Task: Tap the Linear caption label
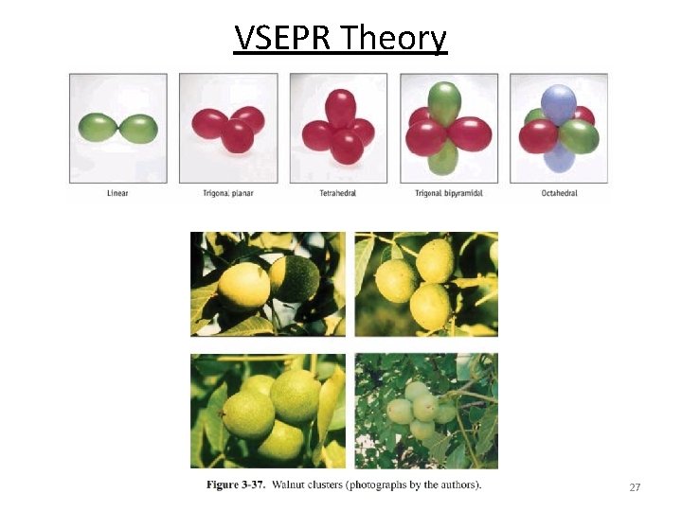[x=117, y=193]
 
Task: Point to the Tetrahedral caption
[x=338, y=193]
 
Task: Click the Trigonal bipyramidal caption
[x=448, y=193]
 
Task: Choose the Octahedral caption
[x=560, y=193]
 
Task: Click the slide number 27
[x=635, y=487]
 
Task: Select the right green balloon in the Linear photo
[x=138, y=127]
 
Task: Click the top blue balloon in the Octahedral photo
[x=558, y=100]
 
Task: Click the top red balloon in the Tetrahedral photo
[x=340, y=105]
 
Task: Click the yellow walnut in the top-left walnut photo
[x=242, y=287]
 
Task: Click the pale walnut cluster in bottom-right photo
[x=421, y=409]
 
